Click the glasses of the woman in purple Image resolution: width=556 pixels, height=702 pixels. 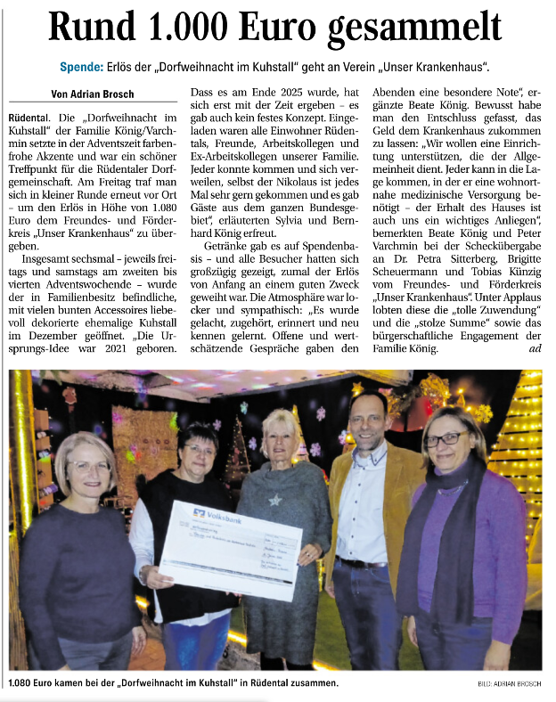[446, 440]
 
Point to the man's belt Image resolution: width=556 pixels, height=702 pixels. [360, 563]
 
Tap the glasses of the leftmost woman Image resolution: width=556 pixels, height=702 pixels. [88, 465]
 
